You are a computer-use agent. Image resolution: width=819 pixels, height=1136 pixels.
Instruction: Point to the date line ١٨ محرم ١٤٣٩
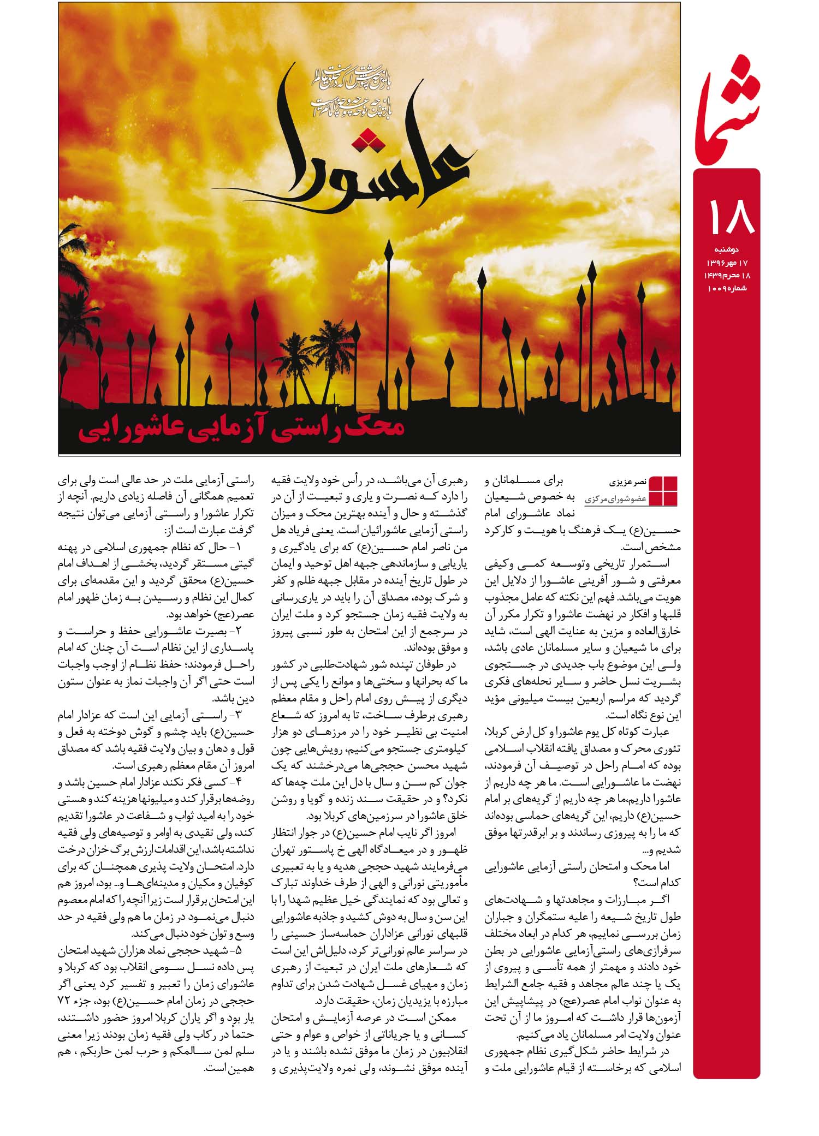pos(722,275)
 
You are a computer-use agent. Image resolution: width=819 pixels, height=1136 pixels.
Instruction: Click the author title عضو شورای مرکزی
pos(616,498)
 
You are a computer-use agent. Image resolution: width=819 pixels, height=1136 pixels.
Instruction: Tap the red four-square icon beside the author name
pos(662,491)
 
